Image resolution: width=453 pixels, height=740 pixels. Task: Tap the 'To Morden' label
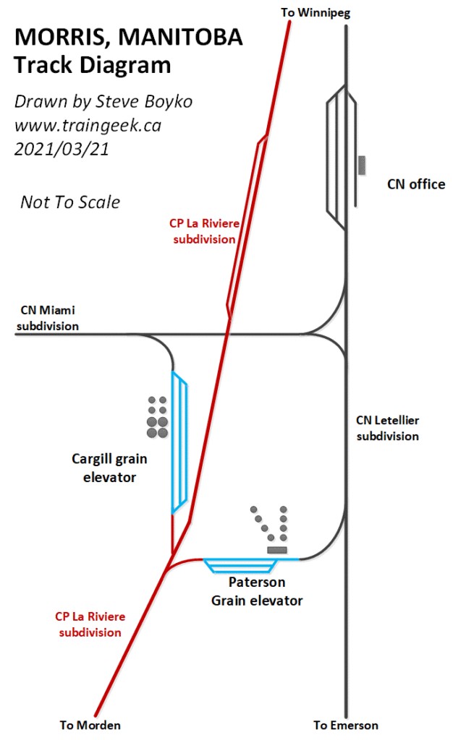click(x=90, y=725)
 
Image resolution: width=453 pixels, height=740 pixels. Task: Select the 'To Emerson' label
click(x=345, y=725)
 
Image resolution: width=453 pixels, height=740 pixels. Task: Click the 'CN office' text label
click(x=416, y=184)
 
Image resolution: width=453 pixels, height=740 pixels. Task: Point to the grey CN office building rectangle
click(x=361, y=165)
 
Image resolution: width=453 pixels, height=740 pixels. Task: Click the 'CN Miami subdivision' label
click(x=48, y=318)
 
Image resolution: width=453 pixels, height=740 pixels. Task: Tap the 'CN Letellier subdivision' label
click(x=387, y=428)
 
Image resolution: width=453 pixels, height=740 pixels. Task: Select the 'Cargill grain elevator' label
click(x=104, y=468)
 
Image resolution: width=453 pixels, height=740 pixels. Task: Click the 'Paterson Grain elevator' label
click(x=257, y=591)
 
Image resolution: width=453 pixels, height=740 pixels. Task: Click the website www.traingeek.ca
click(x=88, y=125)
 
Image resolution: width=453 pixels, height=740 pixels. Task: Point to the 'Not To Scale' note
click(x=70, y=202)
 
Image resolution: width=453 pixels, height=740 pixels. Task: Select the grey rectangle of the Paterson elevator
click(x=277, y=551)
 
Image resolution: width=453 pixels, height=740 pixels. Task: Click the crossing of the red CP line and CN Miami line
click(x=229, y=335)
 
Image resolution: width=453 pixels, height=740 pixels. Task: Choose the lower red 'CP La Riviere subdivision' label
click(x=90, y=624)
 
